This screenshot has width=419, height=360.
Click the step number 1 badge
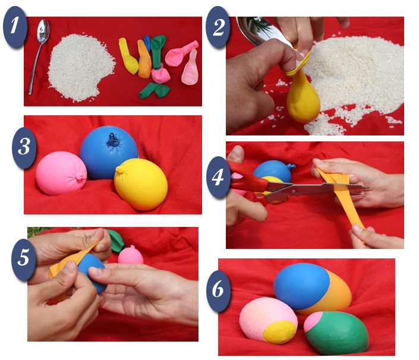pos(15,27)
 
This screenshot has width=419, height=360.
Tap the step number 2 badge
pos(218,27)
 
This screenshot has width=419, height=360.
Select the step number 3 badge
pos(24,148)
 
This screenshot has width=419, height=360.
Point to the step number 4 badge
pos(218,178)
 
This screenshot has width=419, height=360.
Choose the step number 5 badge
pos(24,260)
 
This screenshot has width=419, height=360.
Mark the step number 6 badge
pos(218,291)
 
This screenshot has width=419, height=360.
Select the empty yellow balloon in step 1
pos(128,56)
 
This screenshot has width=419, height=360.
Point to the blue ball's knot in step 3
pos(114,140)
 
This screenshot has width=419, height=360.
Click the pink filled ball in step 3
pos(61,173)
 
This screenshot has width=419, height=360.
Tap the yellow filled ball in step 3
pos(141,184)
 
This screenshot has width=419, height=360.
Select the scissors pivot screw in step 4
pos(294,191)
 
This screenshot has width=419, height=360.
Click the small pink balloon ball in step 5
pos(131,255)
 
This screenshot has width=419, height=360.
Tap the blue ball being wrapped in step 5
pos(92,273)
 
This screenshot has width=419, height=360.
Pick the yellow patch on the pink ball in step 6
pos(279,332)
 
